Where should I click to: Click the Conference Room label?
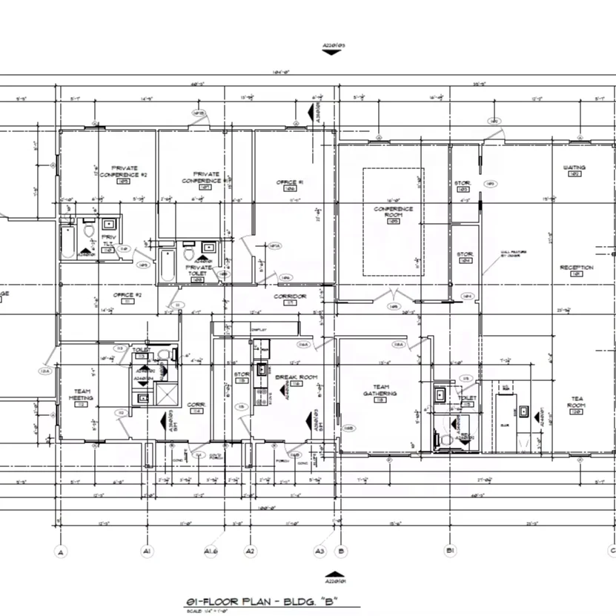click(392, 212)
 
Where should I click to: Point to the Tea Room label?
click(577, 402)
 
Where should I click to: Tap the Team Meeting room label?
click(82, 394)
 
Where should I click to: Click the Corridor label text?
click(290, 297)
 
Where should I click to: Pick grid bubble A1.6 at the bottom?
click(211, 552)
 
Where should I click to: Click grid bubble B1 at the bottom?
click(449, 552)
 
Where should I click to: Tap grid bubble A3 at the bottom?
click(319, 552)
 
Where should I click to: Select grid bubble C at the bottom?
click(612, 552)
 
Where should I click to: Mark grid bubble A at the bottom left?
click(62, 552)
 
